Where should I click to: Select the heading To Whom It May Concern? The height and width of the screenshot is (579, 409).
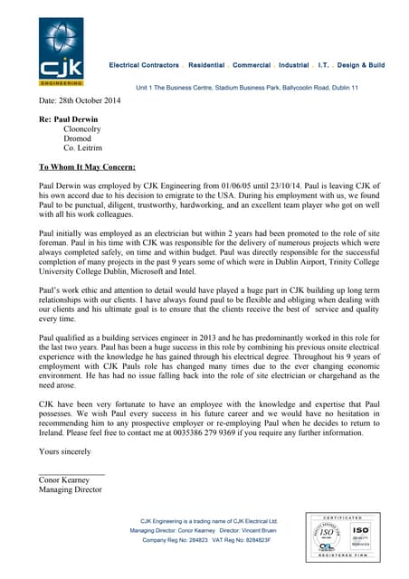87,166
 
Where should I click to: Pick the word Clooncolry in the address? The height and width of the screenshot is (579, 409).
77,129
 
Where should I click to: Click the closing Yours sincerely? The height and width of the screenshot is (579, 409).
65,451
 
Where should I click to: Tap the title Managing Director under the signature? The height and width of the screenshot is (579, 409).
71,490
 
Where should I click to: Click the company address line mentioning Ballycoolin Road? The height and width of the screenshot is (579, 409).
247,87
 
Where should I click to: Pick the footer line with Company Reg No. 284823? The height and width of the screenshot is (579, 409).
206,539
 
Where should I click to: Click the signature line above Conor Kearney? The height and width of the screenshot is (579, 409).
71,473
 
